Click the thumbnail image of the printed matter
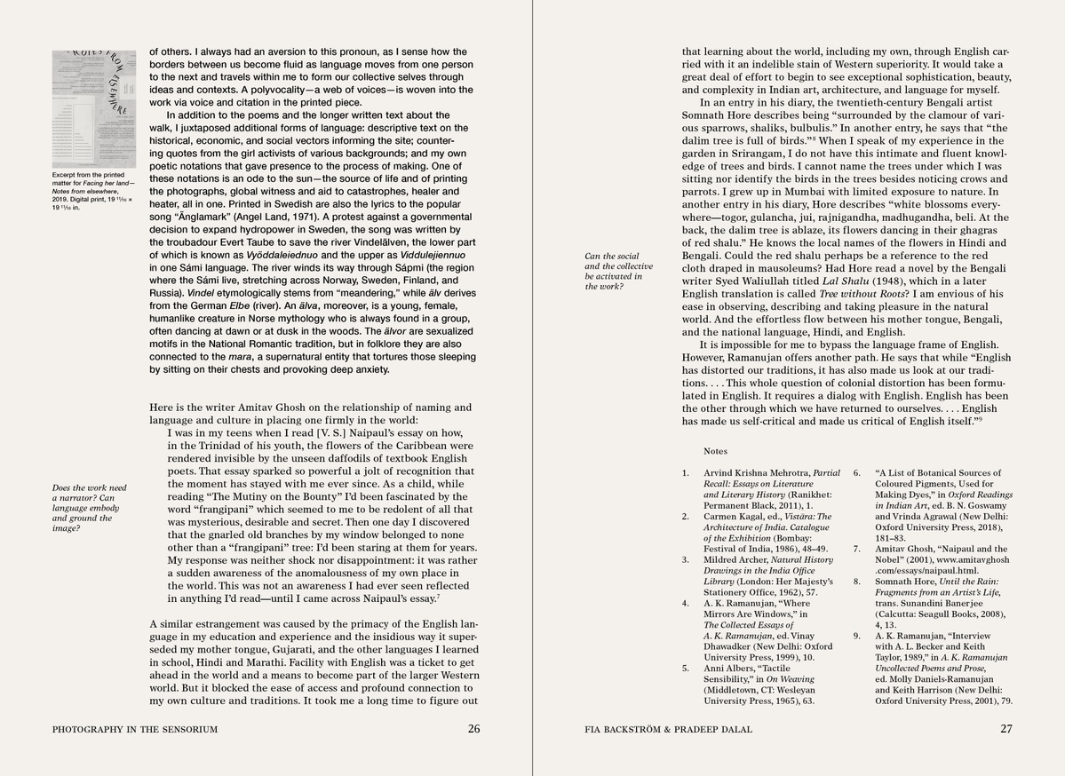point(93,107)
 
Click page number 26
point(473,730)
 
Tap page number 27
point(1005,730)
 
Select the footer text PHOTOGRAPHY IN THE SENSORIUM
point(135,730)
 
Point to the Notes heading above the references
point(715,451)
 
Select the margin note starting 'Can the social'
point(618,272)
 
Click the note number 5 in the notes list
point(685,668)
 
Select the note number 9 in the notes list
point(857,636)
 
